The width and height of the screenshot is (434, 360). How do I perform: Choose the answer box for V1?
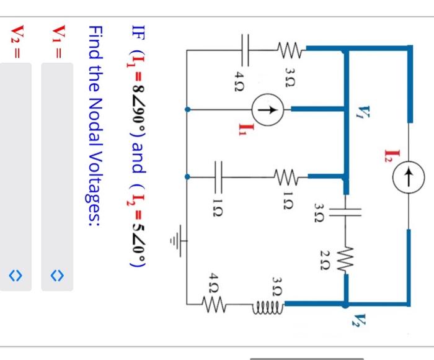point(57,177)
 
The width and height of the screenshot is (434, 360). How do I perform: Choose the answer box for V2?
point(16,177)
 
